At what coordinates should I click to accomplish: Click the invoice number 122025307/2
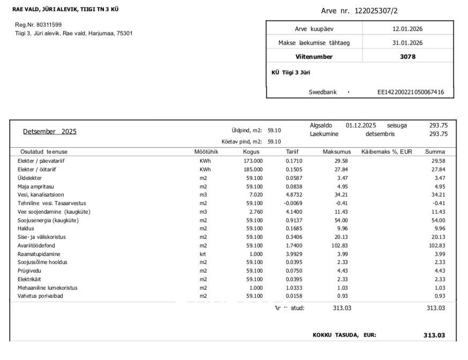376,11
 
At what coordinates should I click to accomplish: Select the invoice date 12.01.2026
407,29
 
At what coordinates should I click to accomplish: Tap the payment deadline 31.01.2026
407,43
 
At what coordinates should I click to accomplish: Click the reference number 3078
407,56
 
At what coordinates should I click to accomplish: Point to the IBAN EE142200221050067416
411,92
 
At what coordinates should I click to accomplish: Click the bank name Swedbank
323,92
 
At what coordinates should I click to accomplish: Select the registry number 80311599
46,25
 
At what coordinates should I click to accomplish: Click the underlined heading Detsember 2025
50,131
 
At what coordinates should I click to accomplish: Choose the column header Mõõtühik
206,152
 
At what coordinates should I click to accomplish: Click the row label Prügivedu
29,271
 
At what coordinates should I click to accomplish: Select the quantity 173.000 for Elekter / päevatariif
253,161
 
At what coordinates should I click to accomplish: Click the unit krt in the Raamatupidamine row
203,254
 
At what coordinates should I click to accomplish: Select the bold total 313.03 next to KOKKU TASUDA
434,335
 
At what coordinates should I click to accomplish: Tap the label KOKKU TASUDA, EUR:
344,335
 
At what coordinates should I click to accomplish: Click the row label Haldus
26,228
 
